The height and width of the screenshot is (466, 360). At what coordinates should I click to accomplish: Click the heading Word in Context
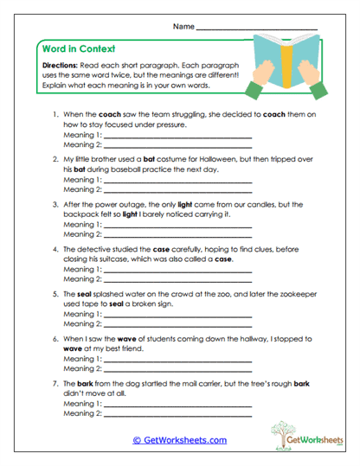pos(79,48)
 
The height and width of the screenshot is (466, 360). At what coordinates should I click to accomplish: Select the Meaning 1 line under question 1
pos(177,136)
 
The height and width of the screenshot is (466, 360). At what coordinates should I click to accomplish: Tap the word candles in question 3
pos(267,204)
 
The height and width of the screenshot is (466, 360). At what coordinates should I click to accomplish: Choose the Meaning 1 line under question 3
pos(177,224)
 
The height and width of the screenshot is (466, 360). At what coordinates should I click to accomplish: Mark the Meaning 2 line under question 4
pos(177,278)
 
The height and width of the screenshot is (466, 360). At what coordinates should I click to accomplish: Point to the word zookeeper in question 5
pos(287,294)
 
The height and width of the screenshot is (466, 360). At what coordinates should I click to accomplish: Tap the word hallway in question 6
pos(243,339)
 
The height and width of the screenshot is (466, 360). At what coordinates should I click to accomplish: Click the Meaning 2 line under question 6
pos(177,368)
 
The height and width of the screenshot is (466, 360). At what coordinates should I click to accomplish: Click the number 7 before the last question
pos(55,383)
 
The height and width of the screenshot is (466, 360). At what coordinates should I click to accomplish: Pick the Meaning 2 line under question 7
pos(177,413)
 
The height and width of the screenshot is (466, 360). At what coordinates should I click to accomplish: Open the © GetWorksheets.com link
pos(179,440)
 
